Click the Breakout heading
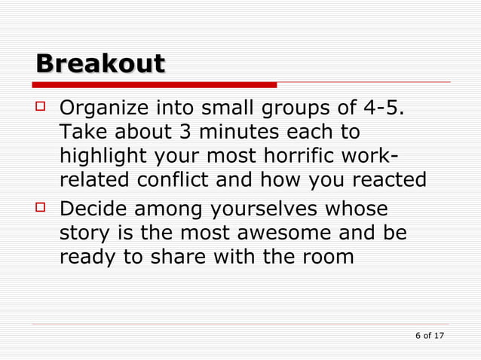100,63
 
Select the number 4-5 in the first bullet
381,109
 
